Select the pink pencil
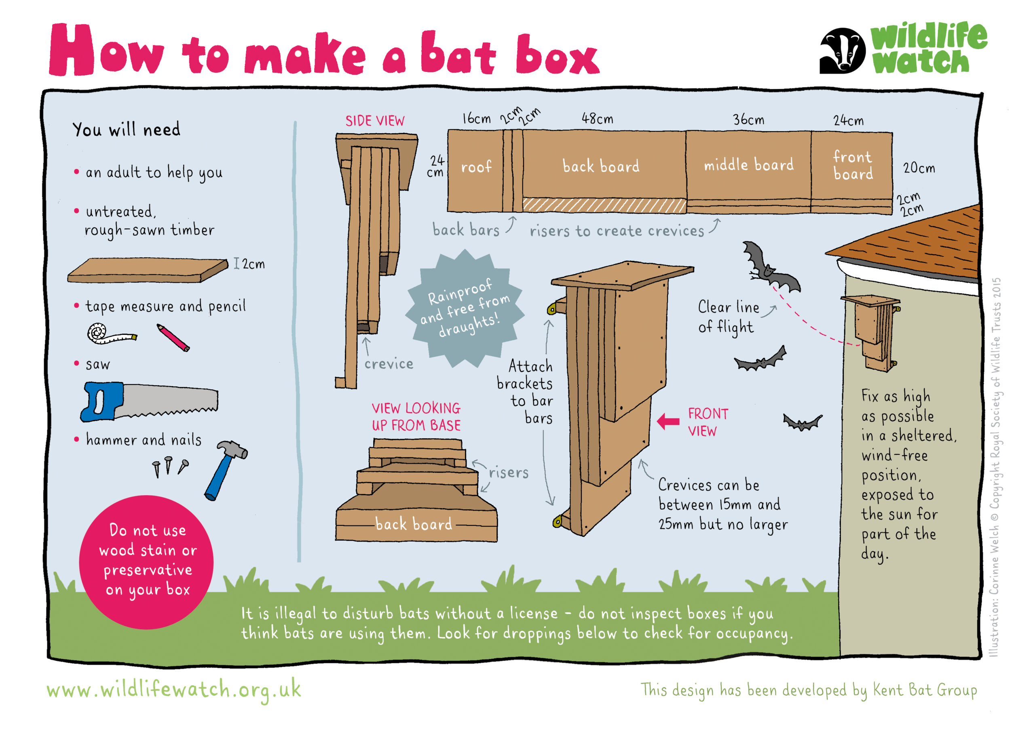[x=173, y=337]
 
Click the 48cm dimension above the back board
[x=597, y=119]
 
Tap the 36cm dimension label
[x=748, y=120]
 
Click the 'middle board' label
[x=749, y=165]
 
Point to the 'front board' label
[x=852, y=165]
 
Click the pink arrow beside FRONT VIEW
[x=668, y=422]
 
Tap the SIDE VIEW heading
[x=375, y=121]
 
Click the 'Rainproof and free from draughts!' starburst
[x=465, y=309]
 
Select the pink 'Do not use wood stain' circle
[x=146, y=562]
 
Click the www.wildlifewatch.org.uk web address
[x=174, y=690]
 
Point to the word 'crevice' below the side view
[x=389, y=364]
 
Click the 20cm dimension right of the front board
[x=919, y=168]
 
